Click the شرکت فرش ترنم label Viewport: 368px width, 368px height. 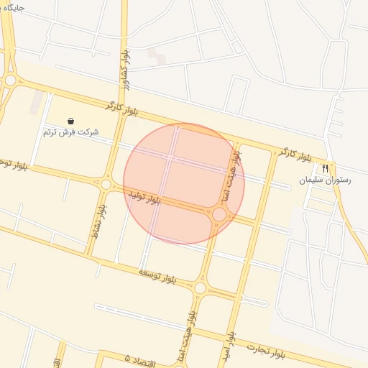(x=70, y=132)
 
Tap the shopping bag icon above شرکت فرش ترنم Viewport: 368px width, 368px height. (x=70, y=120)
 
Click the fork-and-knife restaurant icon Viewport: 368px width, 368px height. (x=326, y=168)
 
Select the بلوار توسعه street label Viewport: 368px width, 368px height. (x=157, y=274)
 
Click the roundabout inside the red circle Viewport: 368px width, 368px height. (x=219, y=214)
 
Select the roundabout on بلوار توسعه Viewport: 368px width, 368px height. (x=200, y=288)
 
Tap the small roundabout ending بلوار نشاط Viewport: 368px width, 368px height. (x=106, y=185)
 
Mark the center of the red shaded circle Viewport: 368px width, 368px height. (x=184, y=184)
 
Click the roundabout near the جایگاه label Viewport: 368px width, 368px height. (x=9, y=80)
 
